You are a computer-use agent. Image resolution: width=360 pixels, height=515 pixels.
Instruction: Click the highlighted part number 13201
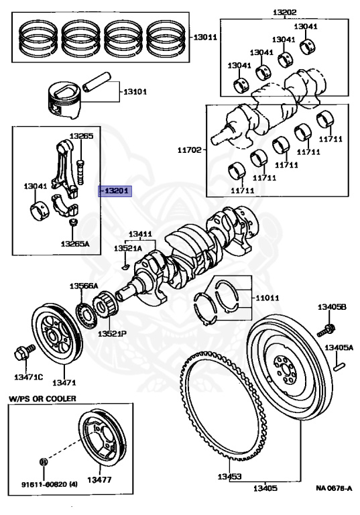click(x=116, y=191)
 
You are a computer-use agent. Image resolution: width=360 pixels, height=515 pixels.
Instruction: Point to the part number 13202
click(x=284, y=11)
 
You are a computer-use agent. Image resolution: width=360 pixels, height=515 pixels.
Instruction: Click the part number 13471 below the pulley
click(x=64, y=382)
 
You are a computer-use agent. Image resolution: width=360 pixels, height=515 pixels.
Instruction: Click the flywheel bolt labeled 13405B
click(x=327, y=330)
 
